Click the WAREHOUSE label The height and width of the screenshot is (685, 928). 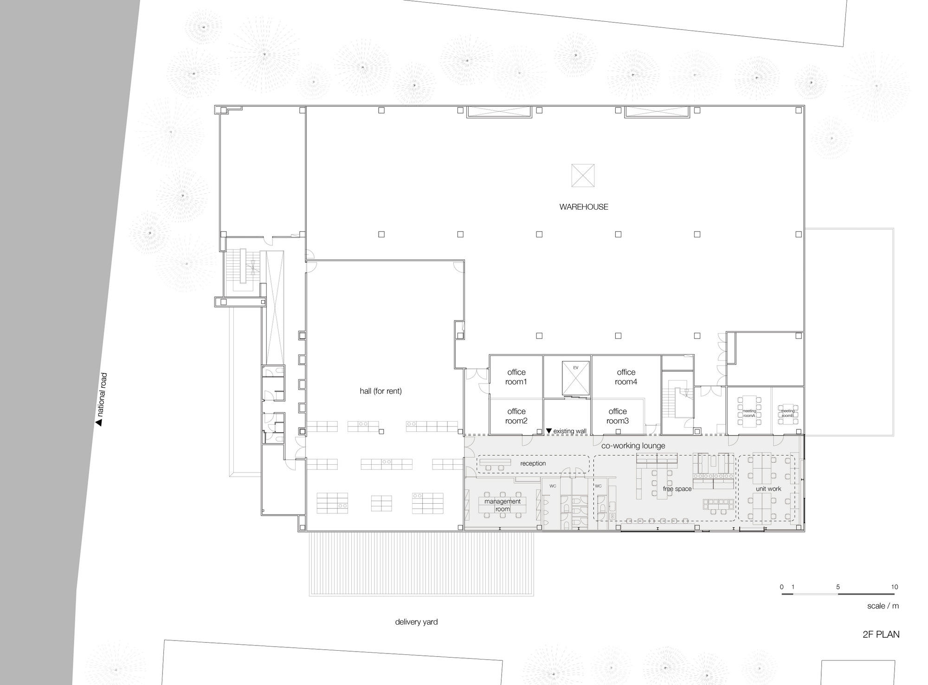pos(583,207)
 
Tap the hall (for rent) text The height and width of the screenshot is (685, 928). pos(380,391)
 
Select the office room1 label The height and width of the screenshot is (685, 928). pos(516,377)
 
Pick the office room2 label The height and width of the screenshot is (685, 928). pos(516,416)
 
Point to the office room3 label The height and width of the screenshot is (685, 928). pos(617,416)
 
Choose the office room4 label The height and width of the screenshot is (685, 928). pos(626,377)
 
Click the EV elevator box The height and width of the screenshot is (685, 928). pos(575,378)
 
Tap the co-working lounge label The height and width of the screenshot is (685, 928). pos(633,446)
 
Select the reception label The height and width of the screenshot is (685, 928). pos(533,463)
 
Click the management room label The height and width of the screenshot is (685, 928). pos(503,505)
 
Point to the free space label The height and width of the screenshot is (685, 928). pos(677,489)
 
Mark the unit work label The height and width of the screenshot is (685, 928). pos(768,489)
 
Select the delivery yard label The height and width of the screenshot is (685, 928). pos(416,622)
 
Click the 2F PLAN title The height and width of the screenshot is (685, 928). pos(881,634)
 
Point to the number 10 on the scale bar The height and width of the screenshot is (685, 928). pos(894,587)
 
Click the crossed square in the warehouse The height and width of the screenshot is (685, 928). pos(583,175)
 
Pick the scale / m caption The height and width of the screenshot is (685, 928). pos(883,606)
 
